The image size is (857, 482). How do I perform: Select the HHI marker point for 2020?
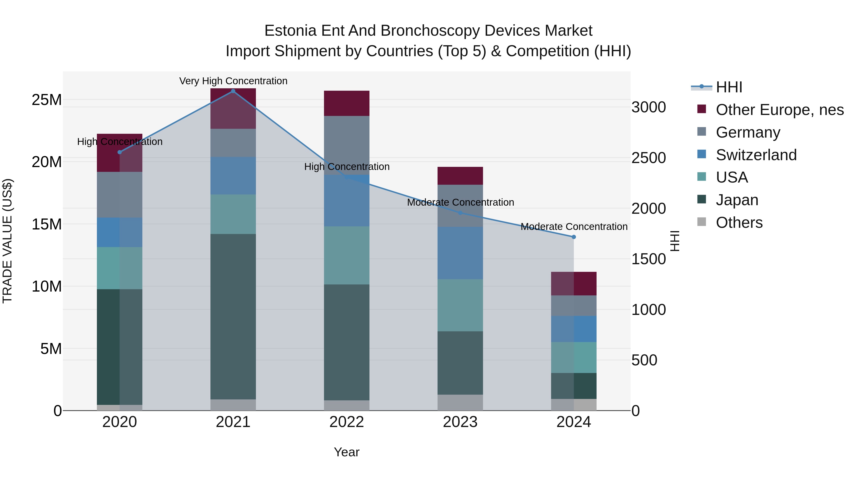point(120,152)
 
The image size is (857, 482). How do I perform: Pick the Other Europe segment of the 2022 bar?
point(347,103)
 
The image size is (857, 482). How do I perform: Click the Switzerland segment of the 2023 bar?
point(460,253)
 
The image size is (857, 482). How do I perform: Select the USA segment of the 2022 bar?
point(347,255)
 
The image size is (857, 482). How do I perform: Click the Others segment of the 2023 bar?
point(460,402)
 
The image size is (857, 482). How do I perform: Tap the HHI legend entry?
point(729,87)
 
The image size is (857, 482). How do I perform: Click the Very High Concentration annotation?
point(233,81)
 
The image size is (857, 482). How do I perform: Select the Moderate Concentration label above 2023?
point(460,202)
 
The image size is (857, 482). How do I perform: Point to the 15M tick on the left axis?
point(47,224)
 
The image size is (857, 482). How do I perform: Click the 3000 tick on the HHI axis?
point(648,107)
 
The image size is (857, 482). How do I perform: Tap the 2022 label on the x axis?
point(347,422)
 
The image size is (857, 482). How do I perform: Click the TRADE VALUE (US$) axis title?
point(7,241)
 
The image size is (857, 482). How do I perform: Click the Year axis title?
point(347,452)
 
